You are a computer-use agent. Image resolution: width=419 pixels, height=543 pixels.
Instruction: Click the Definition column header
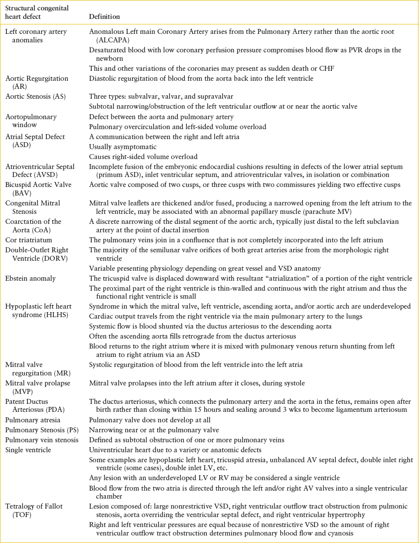point(104,16)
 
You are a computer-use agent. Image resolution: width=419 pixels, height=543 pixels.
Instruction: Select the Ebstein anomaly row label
point(30,278)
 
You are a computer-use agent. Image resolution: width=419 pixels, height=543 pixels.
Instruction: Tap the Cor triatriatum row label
point(28,240)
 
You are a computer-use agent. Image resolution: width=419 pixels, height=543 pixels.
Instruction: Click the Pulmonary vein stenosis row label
point(42,440)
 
